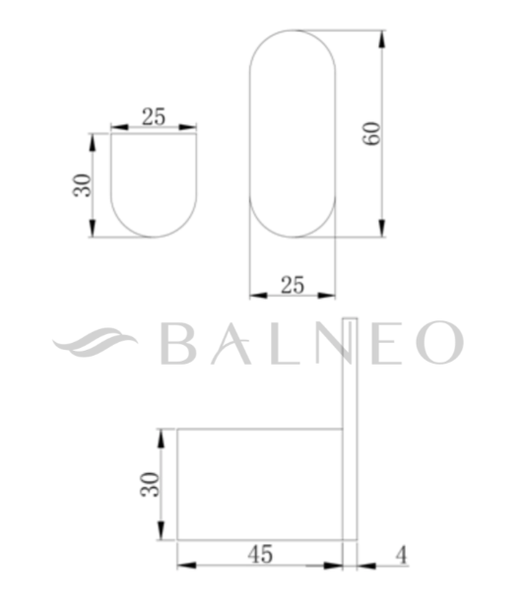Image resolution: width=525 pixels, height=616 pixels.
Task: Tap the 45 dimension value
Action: click(260, 554)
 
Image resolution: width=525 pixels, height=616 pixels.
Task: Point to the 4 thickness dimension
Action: click(401, 554)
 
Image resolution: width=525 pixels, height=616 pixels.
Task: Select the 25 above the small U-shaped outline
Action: click(154, 115)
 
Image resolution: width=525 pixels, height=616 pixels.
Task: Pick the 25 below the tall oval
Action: click(293, 285)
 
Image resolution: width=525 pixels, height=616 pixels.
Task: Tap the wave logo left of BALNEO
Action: click(96, 343)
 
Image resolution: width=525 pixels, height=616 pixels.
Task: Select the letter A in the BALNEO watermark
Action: click(237, 343)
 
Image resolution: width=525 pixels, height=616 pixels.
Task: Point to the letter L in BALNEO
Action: click(293, 343)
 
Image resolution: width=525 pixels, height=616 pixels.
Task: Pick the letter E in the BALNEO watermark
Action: click(389, 343)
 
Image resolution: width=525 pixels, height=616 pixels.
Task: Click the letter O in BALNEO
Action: click(438, 343)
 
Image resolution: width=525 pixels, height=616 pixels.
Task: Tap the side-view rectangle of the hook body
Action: click(259, 483)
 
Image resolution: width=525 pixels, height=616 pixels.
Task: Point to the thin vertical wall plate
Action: click(350, 434)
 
